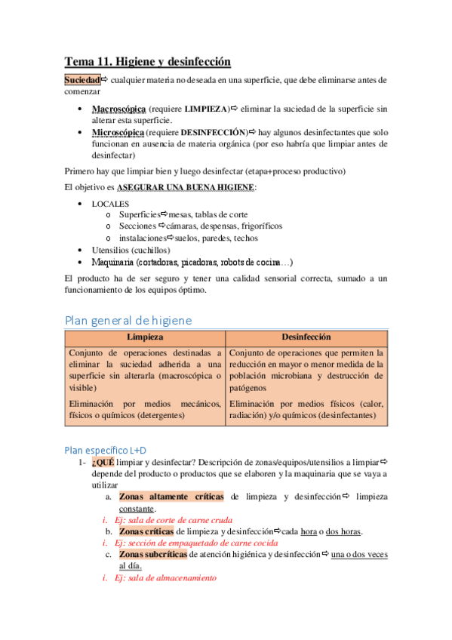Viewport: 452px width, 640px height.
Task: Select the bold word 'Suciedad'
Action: (82, 80)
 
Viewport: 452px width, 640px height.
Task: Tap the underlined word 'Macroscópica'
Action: (118, 109)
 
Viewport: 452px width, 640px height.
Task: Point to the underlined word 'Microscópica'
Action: (118, 132)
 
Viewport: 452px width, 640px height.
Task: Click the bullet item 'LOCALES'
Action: (110, 204)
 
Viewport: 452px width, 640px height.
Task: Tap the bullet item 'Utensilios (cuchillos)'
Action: (131, 250)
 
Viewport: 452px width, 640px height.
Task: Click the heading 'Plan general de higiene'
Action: (128, 320)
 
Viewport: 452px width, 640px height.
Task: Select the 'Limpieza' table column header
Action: (145, 337)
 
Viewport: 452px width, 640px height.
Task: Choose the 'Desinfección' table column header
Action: (306, 337)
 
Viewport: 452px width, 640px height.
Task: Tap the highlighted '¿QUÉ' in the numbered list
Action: (102, 462)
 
